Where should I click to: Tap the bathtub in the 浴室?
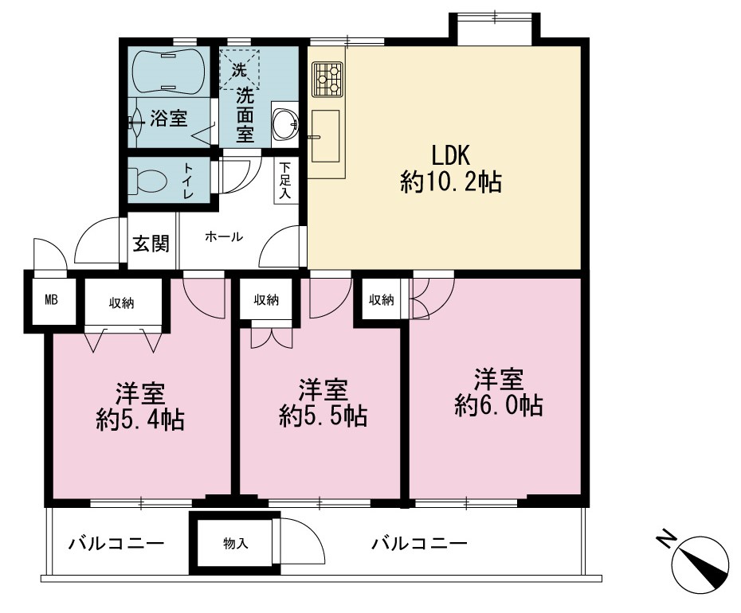[168, 71]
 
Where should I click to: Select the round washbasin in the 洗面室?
[285, 123]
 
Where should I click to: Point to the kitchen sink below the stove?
[325, 136]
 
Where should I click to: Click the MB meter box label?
[51, 300]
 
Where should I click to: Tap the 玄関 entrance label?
[151, 244]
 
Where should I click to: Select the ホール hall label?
[224, 236]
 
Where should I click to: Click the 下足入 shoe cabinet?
[285, 181]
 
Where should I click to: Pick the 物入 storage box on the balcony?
[235, 543]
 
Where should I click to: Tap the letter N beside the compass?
[666, 539]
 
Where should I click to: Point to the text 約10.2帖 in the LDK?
[451, 182]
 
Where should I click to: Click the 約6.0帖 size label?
[499, 405]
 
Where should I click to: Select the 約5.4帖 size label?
[140, 419]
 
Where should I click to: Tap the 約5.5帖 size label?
[323, 416]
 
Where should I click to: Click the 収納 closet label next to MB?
[121, 303]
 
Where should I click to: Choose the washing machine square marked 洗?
[239, 69]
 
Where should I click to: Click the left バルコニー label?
[116, 543]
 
